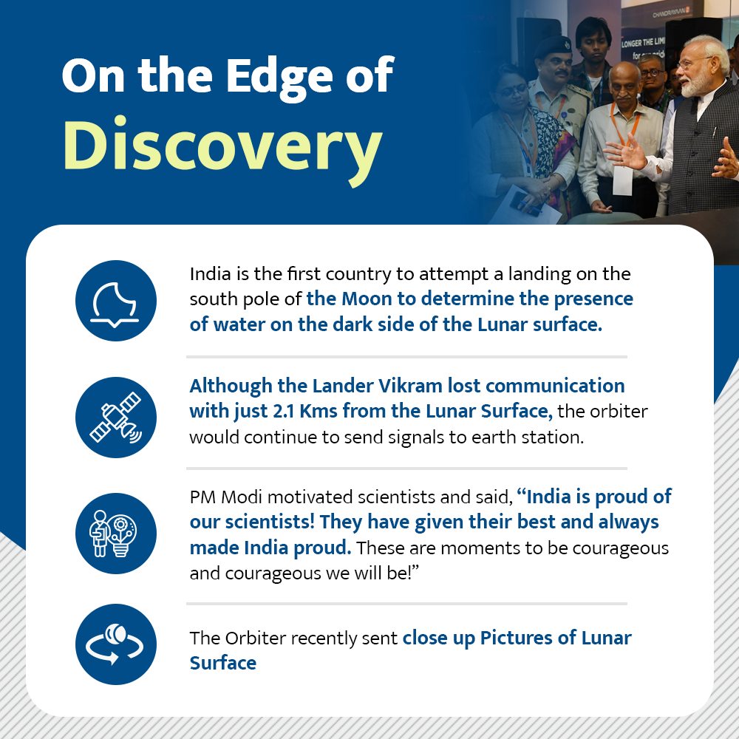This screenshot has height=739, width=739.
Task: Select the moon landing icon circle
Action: click(116, 301)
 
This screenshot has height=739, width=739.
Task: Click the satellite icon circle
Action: click(116, 417)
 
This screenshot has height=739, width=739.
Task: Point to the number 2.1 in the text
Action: click(284, 411)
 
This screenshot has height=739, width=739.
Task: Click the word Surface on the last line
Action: click(223, 663)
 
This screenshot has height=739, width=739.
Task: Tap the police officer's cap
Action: click(554, 47)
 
